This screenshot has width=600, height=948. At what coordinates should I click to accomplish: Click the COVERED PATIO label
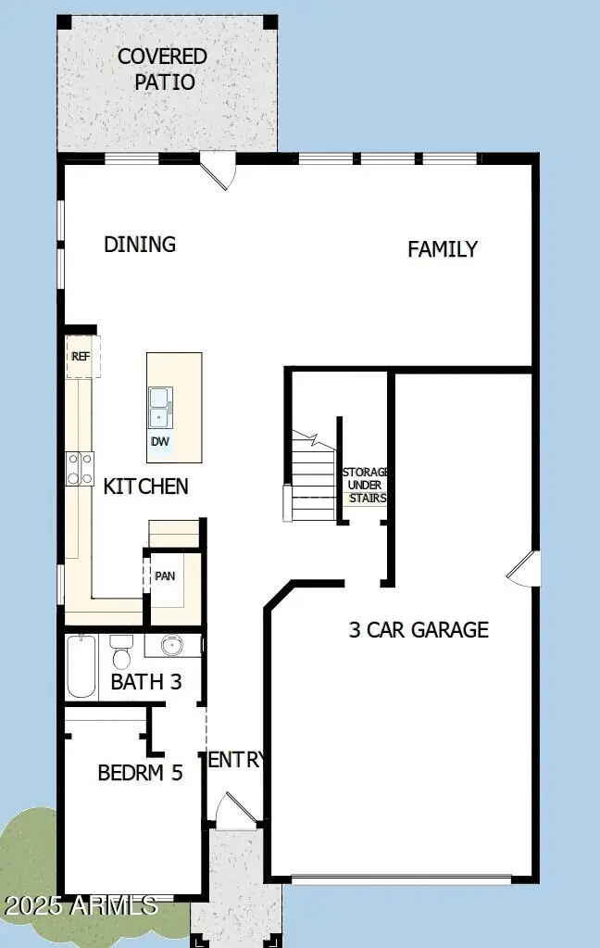(x=162, y=70)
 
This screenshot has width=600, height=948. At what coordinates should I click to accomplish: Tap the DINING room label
(x=140, y=245)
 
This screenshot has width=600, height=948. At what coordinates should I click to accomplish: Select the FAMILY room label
(x=443, y=248)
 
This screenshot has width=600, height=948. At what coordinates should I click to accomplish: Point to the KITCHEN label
(x=145, y=486)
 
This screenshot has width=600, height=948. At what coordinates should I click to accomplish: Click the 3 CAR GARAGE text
(x=418, y=630)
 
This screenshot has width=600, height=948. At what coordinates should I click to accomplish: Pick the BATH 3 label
(x=145, y=683)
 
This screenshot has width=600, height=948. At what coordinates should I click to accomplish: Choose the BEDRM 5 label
(x=140, y=772)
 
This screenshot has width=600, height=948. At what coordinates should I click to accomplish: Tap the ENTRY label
(x=236, y=760)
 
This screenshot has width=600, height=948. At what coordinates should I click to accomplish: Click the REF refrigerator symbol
(x=81, y=357)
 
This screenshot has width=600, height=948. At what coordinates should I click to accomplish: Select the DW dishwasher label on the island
(x=160, y=442)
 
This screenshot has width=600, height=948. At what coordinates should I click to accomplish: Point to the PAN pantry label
(x=165, y=575)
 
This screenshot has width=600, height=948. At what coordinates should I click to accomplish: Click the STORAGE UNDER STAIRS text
(x=366, y=485)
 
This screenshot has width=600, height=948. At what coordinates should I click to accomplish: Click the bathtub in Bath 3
(x=81, y=666)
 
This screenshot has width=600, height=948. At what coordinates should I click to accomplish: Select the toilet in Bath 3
(x=121, y=654)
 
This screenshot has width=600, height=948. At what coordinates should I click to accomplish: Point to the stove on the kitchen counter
(x=80, y=468)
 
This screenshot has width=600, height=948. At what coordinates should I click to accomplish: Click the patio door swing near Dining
(x=219, y=171)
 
